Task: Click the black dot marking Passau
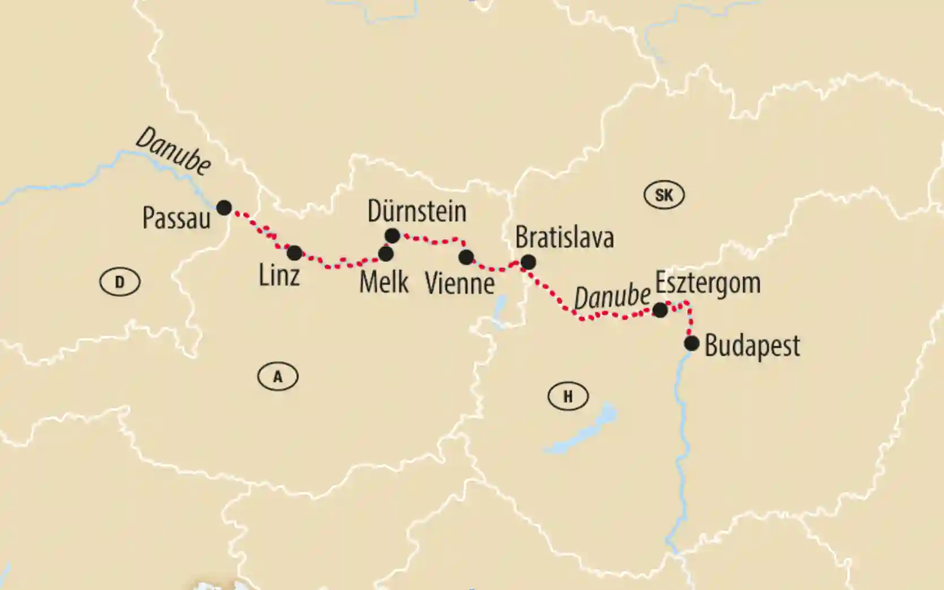pos(224,208)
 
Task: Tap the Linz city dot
pos(294,253)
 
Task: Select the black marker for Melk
pos(386,254)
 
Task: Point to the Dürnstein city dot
pos(392,235)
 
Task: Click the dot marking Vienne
pos(466,257)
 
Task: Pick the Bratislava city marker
pos(528,262)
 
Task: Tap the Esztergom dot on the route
pos(660,310)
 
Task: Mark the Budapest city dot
pos(691,343)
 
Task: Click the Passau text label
pos(176,218)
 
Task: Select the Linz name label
pos(279,276)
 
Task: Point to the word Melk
pos(384,282)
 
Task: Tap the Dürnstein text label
pos(417,211)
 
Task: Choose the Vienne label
pos(460,283)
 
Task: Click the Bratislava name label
pos(564,238)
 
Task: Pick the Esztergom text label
pos(708,283)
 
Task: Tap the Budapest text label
pos(752,346)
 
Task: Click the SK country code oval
pos(664,195)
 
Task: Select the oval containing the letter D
pos(119,282)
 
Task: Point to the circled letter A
pos(278,377)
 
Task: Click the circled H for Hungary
pos(568,397)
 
